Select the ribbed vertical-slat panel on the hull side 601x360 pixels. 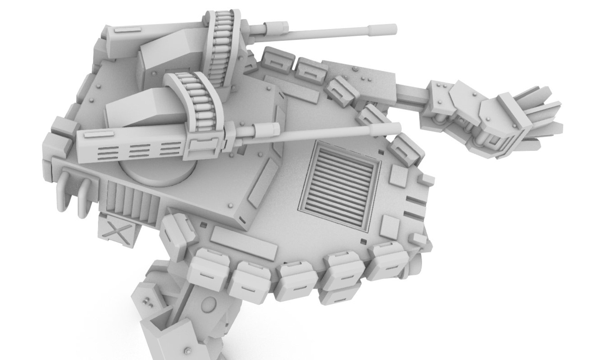[132, 201]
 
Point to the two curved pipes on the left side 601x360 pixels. [75, 193]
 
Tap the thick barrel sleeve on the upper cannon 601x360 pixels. [275, 27]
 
